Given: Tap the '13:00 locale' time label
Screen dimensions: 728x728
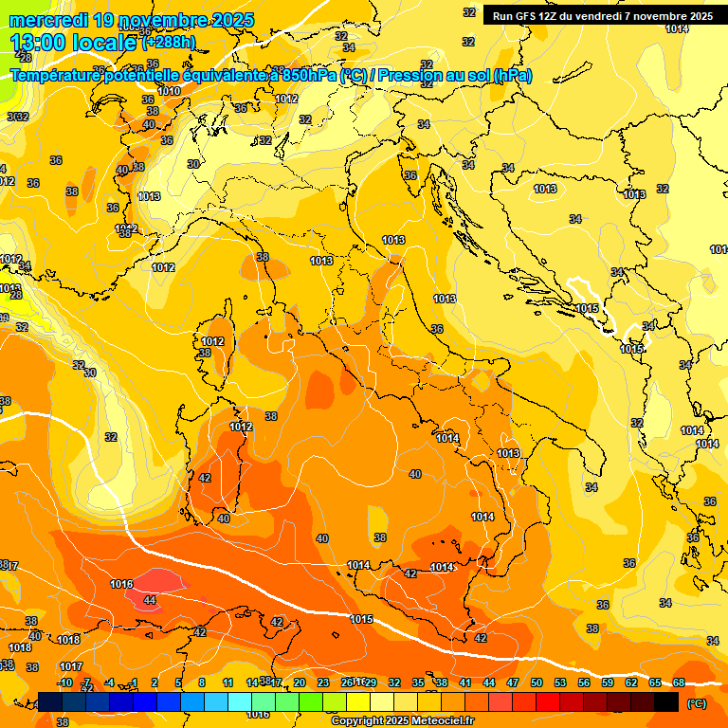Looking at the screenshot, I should [x=72, y=43].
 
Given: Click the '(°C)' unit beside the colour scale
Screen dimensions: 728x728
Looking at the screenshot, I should [x=696, y=703].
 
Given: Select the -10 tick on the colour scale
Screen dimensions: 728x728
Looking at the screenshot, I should [x=65, y=682].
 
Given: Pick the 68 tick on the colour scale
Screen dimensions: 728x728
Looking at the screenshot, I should [x=679, y=682].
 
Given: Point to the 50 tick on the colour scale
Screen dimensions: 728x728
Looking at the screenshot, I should [x=537, y=682].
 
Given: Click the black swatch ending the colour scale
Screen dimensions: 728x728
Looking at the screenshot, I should [x=666, y=701].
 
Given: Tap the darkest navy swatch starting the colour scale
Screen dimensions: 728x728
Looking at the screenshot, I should [x=50, y=701].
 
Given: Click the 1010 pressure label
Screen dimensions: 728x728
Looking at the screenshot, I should [x=169, y=91].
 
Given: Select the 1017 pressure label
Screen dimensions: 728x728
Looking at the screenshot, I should [x=71, y=666].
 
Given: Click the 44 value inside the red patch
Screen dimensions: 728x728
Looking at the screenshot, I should [x=150, y=600].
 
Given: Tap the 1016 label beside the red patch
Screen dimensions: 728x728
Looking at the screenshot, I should [x=121, y=584].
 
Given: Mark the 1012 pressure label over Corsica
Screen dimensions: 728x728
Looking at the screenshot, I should [x=212, y=341].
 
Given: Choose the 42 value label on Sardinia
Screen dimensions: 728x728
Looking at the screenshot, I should [x=205, y=479].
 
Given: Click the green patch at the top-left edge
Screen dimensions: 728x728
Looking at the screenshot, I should [x=8, y=90].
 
